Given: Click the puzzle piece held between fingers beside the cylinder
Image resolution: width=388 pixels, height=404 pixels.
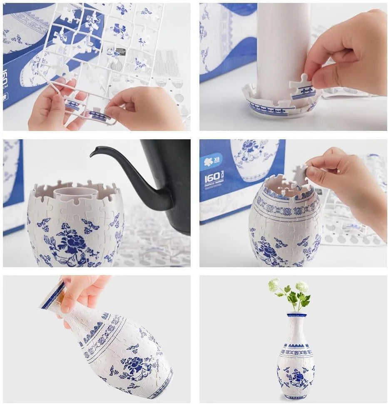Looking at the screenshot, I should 303,89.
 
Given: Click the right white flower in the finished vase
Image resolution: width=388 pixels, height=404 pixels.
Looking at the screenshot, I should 302,287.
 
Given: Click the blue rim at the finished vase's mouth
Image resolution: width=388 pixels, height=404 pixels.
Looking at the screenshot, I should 297,315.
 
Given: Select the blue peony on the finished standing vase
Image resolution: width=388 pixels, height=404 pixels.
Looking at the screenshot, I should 297,377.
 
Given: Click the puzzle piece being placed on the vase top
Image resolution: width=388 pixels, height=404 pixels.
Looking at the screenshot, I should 300,176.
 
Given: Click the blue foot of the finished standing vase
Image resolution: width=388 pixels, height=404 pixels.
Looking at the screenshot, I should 296,396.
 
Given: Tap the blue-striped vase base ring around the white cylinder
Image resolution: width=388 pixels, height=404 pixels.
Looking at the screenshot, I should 275,109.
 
